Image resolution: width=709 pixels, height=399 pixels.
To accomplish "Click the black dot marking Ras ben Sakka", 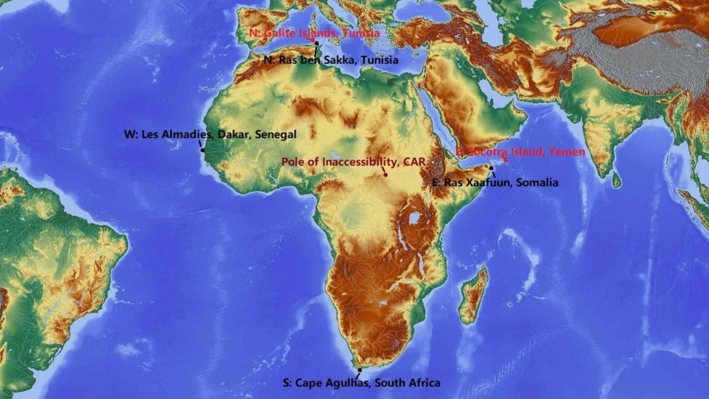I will click(x=316, y=44).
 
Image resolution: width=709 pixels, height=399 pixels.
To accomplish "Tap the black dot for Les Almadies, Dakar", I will click(x=202, y=150).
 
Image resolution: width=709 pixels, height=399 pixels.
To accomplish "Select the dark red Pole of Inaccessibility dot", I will click(x=385, y=175).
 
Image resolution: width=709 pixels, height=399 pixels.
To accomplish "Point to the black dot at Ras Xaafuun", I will click(x=491, y=168).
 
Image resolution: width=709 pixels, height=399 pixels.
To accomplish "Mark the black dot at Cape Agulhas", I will click(x=359, y=369).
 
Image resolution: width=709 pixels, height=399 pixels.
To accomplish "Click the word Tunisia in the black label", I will click(x=379, y=60).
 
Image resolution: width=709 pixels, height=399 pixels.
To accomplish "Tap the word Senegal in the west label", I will click(x=276, y=135).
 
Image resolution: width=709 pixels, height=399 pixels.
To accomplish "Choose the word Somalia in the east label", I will click(x=536, y=182).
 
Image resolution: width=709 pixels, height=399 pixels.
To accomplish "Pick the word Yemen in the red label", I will click(x=567, y=152).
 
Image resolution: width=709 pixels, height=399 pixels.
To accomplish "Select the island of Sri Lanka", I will click(x=617, y=179).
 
